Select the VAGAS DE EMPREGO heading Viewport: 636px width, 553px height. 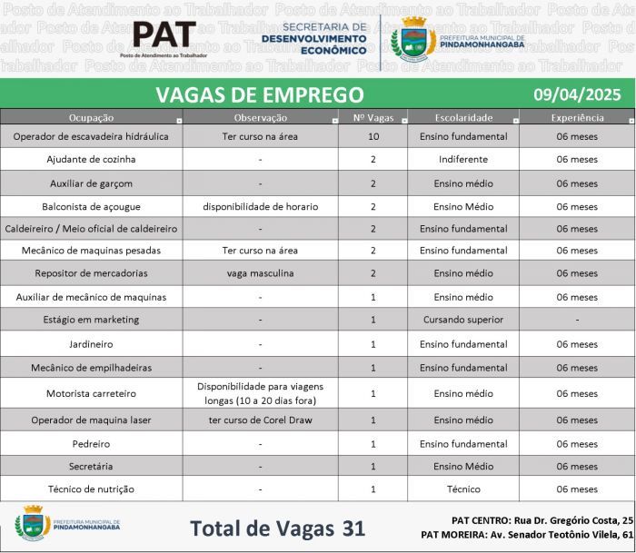[x=259, y=94]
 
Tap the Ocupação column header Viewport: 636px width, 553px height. [x=91, y=118]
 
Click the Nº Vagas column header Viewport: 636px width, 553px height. [x=373, y=118]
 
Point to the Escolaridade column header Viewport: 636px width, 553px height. [x=462, y=118]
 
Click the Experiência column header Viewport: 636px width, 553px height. [x=577, y=118]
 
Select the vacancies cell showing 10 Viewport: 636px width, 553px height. [x=373, y=136]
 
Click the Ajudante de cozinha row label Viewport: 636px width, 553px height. [x=91, y=159]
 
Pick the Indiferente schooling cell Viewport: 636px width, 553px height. [x=462, y=159]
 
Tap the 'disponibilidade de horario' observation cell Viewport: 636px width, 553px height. [x=260, y=206]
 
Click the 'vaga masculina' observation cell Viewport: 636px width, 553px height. [x=260, y=273]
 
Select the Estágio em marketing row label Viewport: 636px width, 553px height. [x=91, y=320]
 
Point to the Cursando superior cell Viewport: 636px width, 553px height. [x=462, y=320]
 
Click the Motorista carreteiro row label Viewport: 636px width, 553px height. [x=91, y=394]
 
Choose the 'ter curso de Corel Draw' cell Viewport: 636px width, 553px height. [x=260, y=420]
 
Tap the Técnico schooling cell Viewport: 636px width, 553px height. [x=462, y=489]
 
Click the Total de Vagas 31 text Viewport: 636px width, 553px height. [x=276, y=528]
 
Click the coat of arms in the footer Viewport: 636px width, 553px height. [x=33, y=525]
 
